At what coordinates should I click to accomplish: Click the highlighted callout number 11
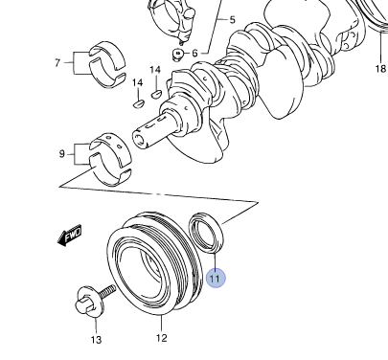point(216,279)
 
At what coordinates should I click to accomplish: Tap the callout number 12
point(162,338)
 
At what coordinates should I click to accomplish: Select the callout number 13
point(96,340)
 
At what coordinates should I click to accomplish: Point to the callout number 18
point(380,68)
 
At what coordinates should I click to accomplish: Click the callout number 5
point(232,20)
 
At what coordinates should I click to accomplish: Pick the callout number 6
point(195,53)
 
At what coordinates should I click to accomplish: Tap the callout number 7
point(57,62)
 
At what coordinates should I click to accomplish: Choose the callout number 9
point(62,154)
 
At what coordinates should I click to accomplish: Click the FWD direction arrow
point(70,236)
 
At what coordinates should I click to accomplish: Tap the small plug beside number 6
point(178,54)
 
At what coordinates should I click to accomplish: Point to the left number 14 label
point(138,83)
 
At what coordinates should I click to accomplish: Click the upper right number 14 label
point(155,70)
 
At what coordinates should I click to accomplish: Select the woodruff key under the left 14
point(139,103)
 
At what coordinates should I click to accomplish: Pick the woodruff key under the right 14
point(156,94)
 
